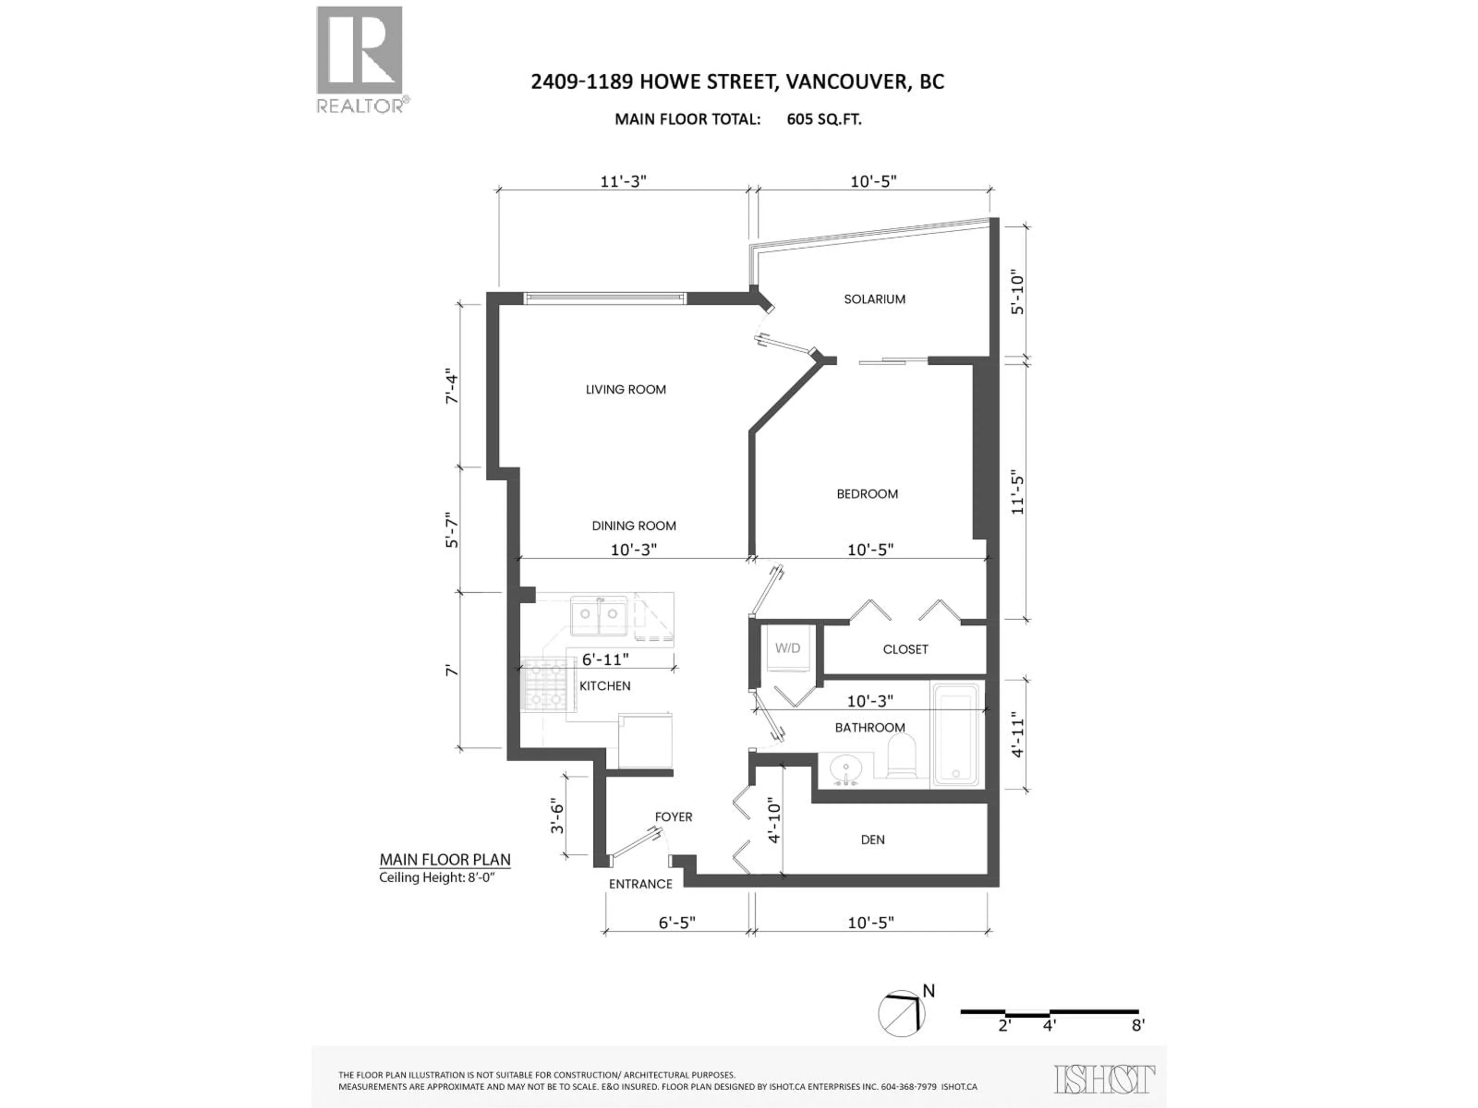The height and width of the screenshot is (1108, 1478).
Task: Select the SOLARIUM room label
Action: (874, 299)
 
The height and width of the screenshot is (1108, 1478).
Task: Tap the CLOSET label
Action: (905, 649)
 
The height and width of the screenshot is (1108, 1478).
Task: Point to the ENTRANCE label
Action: (640, 884)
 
